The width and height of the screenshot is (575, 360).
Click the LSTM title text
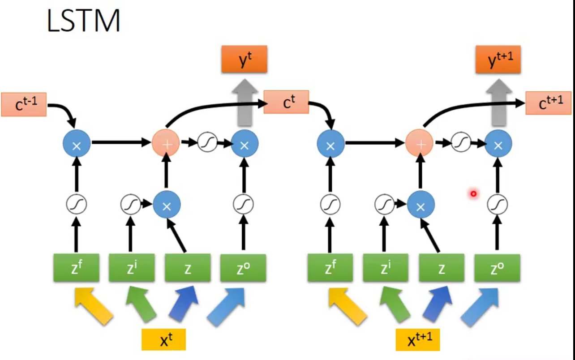tap(83, 21)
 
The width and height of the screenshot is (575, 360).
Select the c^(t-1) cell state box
tap(24, 104)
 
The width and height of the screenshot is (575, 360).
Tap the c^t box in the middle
tap(286, 102)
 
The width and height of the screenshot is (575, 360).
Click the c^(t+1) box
tap(548, 103)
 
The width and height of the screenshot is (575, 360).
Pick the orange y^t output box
tap(244, 59)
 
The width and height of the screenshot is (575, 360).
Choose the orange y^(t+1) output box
tap(498, 59)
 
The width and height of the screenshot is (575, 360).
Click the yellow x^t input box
tap(163, 339)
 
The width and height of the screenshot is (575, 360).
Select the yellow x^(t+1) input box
tap(418, 340)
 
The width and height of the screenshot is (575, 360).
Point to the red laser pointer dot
tap(474, 194)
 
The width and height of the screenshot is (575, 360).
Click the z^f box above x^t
tap(76, 268)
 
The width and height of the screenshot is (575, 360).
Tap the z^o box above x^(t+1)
tap(497, 268)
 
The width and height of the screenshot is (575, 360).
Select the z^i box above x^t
tap(132, 268)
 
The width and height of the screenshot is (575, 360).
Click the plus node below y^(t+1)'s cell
tap(419, 143)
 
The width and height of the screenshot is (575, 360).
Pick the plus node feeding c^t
tap(166, 143)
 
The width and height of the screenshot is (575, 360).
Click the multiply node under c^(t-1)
tap(77, 143)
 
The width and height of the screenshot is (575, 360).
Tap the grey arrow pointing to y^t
tap(245, 103)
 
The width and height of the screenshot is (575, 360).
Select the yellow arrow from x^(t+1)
tap(348, 306)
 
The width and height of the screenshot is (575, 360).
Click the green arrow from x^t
tap(141, 304)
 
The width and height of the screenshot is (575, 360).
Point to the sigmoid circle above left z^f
tap(76, 205)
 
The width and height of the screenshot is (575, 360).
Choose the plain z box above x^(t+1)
tap(442, 268)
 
